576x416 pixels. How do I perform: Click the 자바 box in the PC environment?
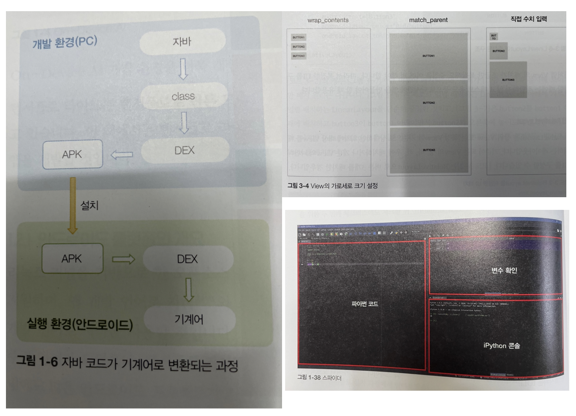coord(182,42)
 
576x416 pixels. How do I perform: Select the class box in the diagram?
coord(183,96)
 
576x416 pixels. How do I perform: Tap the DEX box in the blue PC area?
coord(185,150)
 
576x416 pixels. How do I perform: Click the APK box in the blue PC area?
coord(73,154)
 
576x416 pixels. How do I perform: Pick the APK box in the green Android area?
coord(72,259)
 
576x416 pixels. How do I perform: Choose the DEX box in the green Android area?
coord(188,259)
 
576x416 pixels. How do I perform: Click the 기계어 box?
coord(189,319)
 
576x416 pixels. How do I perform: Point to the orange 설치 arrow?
coord(73,205)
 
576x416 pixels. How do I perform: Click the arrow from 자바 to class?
coord(183,69)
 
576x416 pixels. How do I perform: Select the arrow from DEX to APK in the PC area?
coord(122,154)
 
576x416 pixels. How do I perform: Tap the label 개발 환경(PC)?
coord(65,42)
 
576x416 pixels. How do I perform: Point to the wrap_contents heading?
coord(328,20)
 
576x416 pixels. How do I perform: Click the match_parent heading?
coord(428,20)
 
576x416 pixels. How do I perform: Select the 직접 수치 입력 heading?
coord(528,19)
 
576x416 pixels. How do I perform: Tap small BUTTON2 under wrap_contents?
coord(298,47)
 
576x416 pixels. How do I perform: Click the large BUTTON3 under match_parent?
coord(429,150)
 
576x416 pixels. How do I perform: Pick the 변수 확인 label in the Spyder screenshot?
coord(504,271)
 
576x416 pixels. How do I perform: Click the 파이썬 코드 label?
coord(365,304)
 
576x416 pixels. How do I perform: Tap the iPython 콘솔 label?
coord(502,346)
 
